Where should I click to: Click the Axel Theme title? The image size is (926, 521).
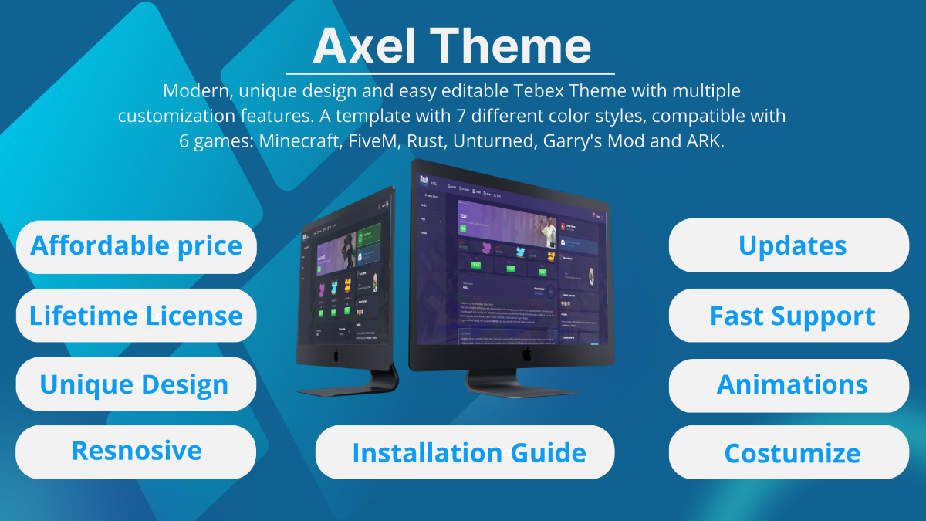click(x=451, y=46)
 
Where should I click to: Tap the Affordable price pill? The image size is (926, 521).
click(x=136, y=246)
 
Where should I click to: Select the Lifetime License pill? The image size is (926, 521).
click(x=136, y=316)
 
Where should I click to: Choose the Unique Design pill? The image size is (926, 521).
click(x=135, y=384)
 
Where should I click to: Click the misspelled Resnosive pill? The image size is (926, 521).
click(x=136, y=451)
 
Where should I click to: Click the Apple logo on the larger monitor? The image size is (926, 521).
click(x=526, y=354)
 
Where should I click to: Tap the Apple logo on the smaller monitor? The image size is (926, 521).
click(x=335, y=357)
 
